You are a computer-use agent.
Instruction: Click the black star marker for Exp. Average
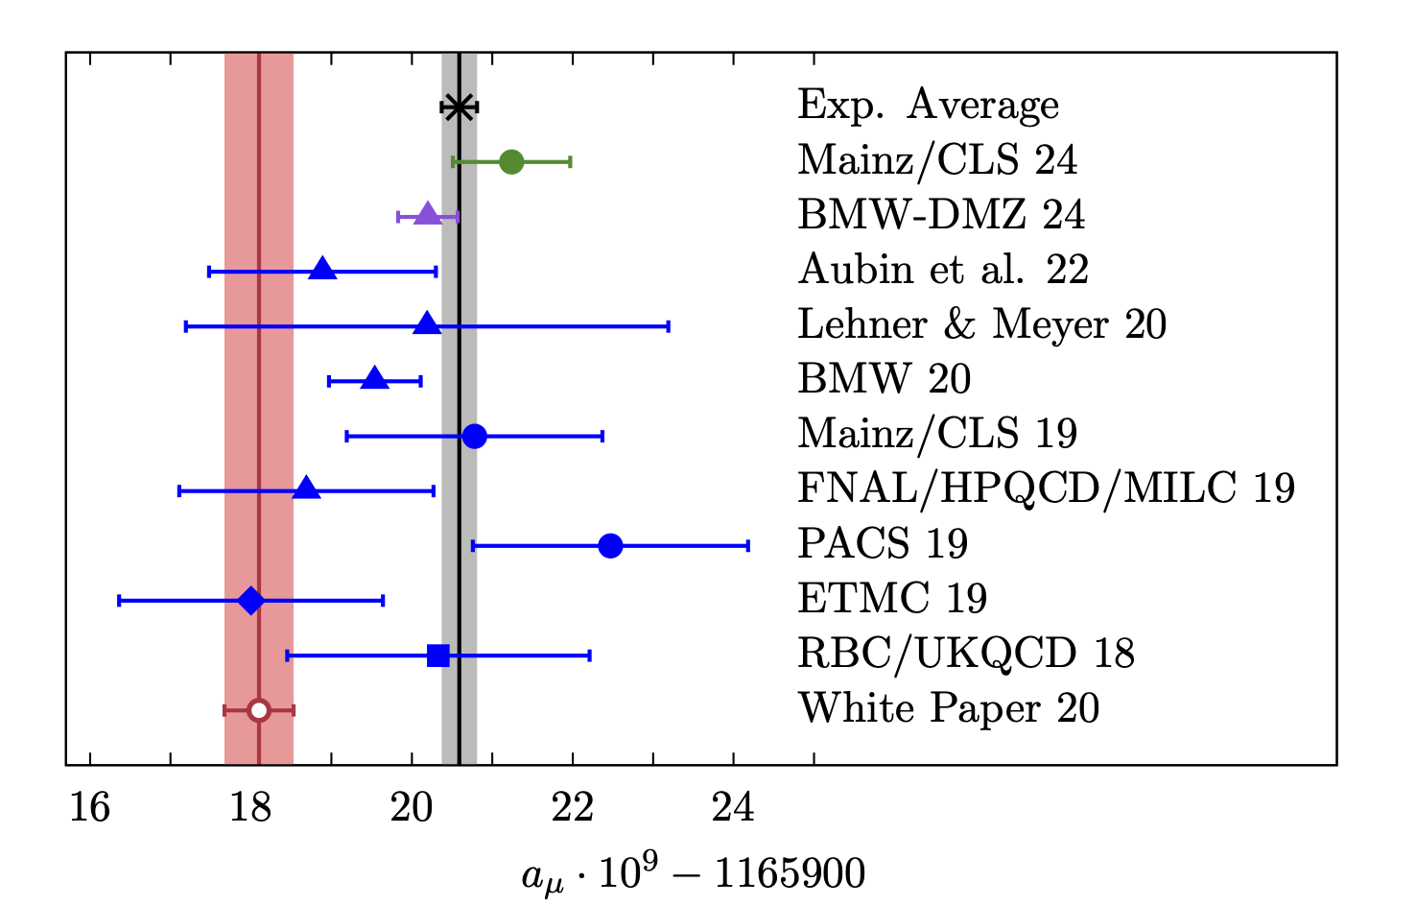tap(459, 107)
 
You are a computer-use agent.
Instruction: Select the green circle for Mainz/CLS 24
tap(511, 161)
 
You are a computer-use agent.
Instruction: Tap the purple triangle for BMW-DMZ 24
tap(428, 215)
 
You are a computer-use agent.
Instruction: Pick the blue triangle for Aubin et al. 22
tap(323, 270)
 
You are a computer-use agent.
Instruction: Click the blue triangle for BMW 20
tap(375, 379)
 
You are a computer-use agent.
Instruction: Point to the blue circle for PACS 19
tap(610, 546)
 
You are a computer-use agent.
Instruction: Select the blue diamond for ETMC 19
tap(250, 601)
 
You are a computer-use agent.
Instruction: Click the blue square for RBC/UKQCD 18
tap(438, 656)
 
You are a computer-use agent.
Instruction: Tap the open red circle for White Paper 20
tap(258, 710)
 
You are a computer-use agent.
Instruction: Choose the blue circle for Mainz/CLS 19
tap(474, 437)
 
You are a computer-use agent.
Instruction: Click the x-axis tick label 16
tap(89, 808)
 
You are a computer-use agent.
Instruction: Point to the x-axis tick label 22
tap(572, 808)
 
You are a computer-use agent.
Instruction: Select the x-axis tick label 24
tap(733, 808)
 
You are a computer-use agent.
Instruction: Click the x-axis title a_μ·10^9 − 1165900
tap(693, 874)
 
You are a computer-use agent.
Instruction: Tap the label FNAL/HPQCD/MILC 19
tap(1046, 489)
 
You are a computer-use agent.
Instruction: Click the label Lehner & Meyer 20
tap(981, 324)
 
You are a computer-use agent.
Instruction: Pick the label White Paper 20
tap(948, 708)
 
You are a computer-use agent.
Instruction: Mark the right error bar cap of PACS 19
tap(747, 546)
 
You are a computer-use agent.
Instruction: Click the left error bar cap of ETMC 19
tap(119, 601)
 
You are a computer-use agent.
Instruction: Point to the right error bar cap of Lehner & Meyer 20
tap(668, 326)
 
